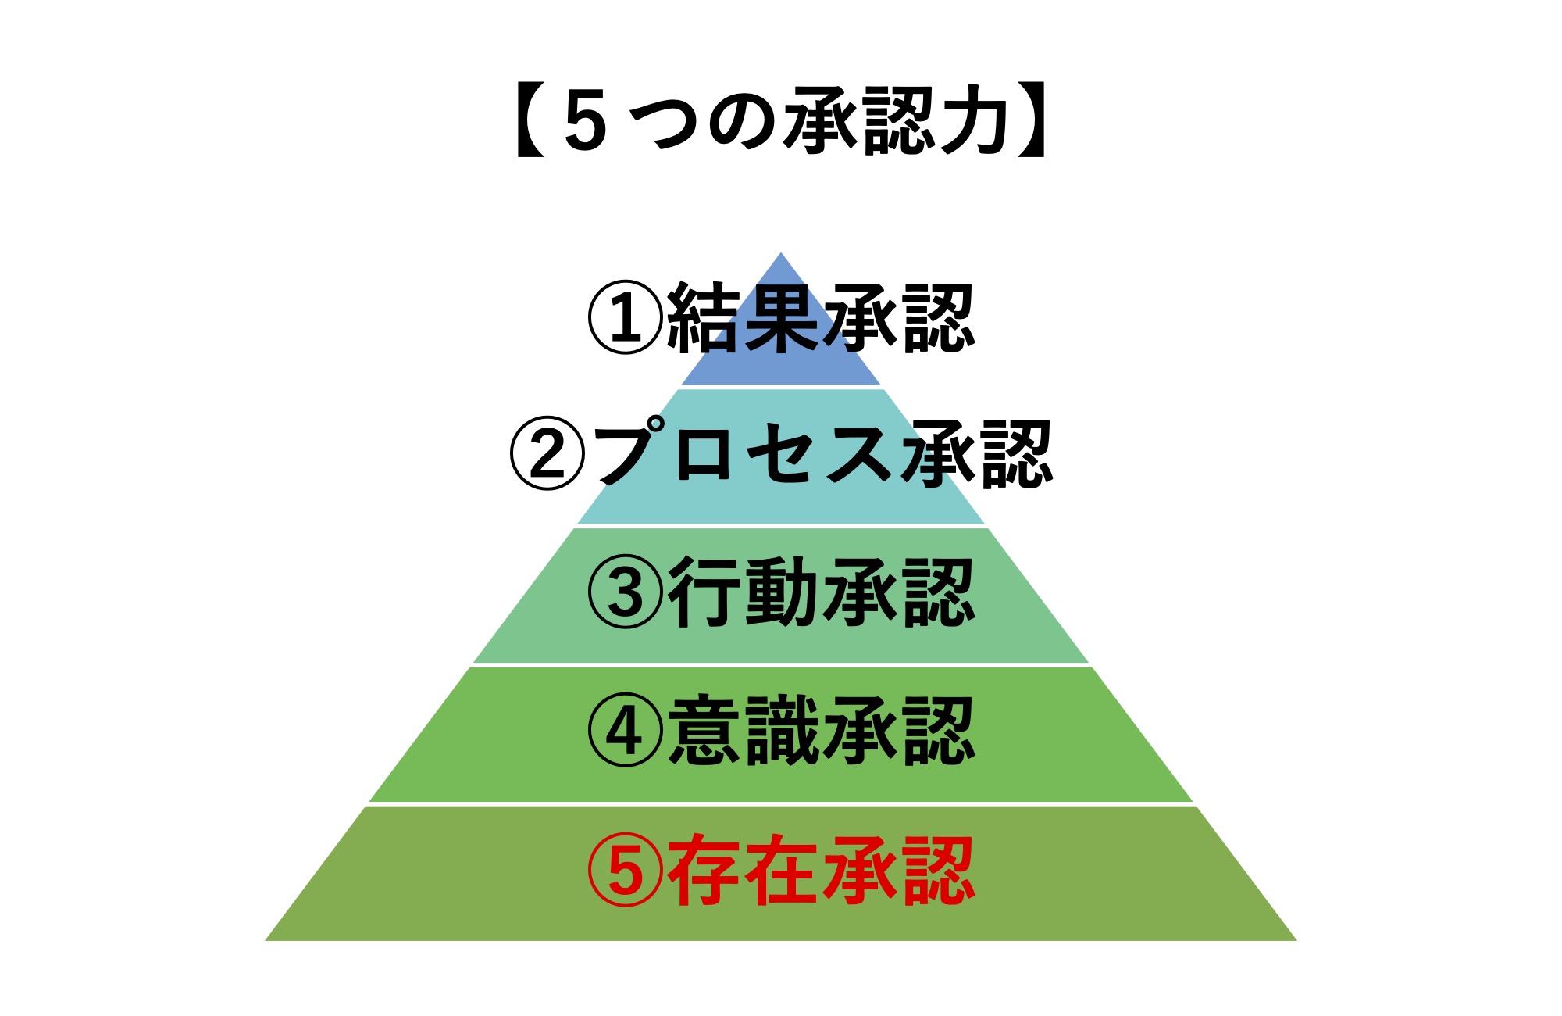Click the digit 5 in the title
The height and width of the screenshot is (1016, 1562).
[x=585, y=121]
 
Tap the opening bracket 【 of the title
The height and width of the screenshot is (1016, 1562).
[x=530, y=121]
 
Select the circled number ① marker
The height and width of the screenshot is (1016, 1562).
[x=625, y=317]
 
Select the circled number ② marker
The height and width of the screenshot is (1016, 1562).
[x=547, y=453]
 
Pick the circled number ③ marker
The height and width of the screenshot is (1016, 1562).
[x=625, y=592]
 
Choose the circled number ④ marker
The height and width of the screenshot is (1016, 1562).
[x=625, y=731]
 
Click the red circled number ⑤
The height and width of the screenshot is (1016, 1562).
[x=625, y=870]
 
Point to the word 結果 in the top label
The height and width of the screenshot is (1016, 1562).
[x=743, y=317]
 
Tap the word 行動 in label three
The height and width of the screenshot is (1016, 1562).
[x=743, y=592]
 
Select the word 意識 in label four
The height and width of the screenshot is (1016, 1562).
[x=743, y=731]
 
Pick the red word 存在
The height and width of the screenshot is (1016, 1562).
[x=743, y=870]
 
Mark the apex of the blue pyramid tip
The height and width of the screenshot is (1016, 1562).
[x=781, y=252]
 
